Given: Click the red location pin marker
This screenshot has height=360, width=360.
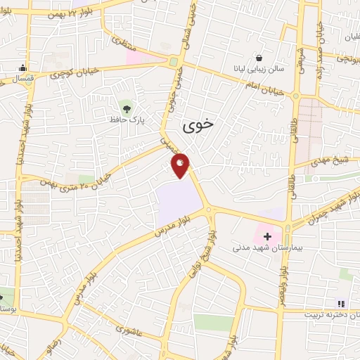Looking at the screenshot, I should [x=181, y=164].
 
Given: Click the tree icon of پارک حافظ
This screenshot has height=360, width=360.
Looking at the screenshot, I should [x=127, y=108].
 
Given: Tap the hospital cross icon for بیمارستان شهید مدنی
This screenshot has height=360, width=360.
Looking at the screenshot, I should [x=267, y=236].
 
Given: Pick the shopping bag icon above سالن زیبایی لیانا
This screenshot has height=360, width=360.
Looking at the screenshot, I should [x=260, y=57].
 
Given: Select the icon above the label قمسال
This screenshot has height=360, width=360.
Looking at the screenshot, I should [x=23, y=68].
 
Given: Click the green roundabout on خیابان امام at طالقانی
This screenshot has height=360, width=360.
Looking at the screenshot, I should [x=295, y=95].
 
